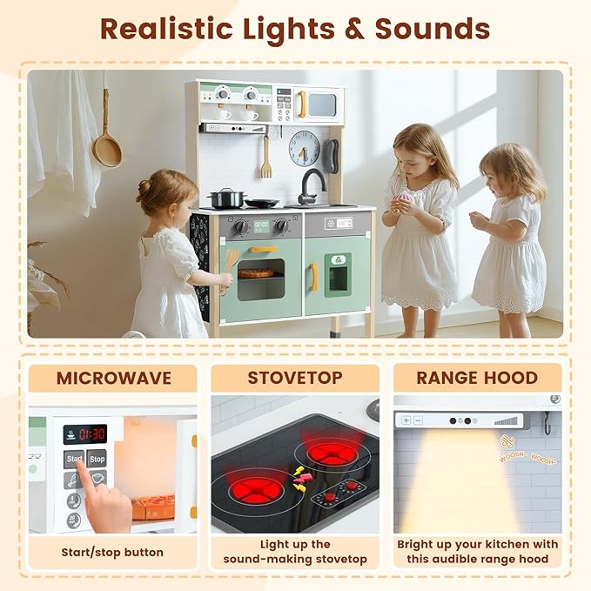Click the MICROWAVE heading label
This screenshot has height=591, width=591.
click(x=114, y=379)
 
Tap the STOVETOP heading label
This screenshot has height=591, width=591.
click(x=295, y=379)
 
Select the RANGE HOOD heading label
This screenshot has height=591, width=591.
click(x=477, y=379)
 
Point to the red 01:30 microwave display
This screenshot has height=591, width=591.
click(x=85, y=433)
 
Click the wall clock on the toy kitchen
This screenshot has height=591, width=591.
click(x=304, y=148)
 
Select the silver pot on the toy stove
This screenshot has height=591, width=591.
click(x=226, y=198)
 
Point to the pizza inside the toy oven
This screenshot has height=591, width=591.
click(x=257, y=273)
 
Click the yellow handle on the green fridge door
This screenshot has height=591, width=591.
click(x=312, y=277)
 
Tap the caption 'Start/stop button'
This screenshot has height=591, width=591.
click(x=112, y=552)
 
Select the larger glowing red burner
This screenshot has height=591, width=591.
click(x=332, y=453)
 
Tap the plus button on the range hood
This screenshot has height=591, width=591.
click(x=406, y=420)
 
